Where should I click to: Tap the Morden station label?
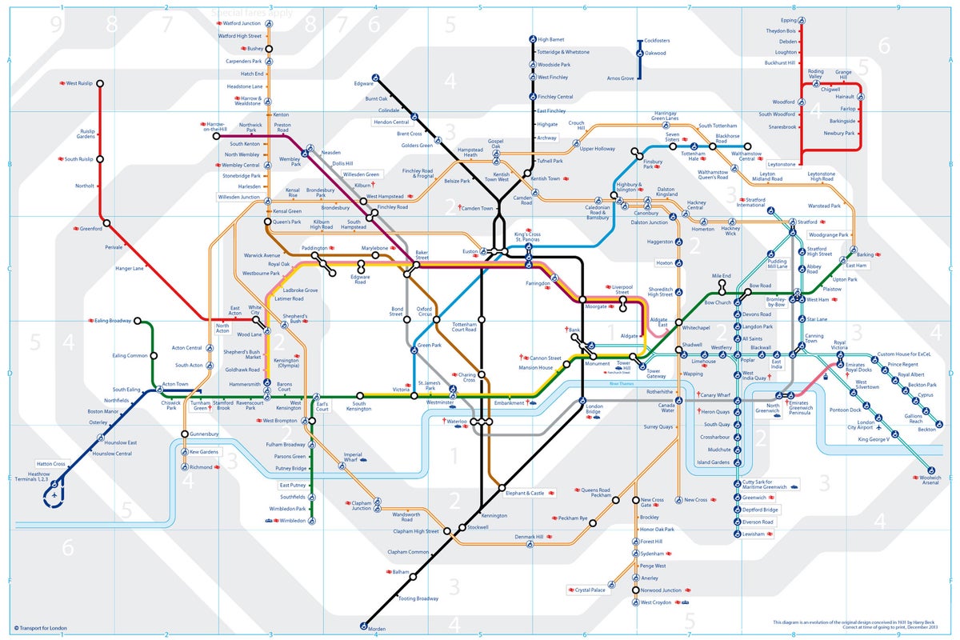point(376,630)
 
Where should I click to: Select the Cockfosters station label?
point(654,41)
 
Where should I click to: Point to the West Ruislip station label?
point(80,82)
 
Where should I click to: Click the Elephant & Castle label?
point(525,493)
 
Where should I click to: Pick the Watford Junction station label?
point(242,23)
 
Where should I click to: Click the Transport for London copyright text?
point(40,629)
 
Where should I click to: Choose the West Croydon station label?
point(656,602)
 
